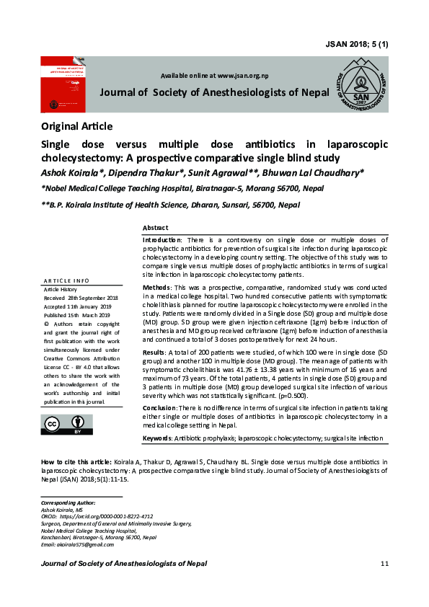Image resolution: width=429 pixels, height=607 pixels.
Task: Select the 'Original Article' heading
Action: pos(77,127)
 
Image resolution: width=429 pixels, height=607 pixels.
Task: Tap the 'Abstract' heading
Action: pos(156,227)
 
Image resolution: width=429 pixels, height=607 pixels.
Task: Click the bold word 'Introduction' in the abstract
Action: pos(163,239)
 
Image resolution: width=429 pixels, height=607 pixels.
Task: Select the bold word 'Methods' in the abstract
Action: pos(158,288)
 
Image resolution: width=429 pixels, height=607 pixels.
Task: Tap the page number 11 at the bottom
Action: pos(384,563)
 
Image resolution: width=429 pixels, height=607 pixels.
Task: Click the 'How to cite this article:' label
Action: pos(76,461)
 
